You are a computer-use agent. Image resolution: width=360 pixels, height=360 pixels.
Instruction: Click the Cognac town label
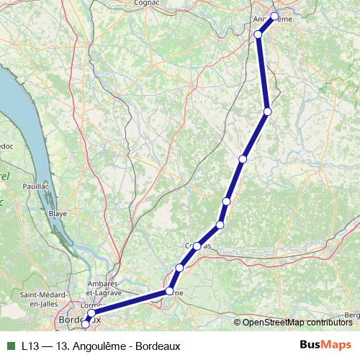click(147, 3)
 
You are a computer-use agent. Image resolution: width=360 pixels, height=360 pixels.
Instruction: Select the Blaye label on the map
click(57, 214)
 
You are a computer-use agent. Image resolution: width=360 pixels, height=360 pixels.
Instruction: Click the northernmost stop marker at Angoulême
click(274, 16)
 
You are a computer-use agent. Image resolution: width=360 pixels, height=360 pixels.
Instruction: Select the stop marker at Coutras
click(197, 246)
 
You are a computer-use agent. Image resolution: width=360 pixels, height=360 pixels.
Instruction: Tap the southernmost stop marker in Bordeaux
click(86, 325)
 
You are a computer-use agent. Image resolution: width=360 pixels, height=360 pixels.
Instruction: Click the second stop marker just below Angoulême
click(258, 34)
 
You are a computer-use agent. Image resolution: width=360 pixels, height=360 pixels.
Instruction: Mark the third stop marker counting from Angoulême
click(268, 112)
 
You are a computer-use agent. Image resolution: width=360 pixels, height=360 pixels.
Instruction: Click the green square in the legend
click(10, 346)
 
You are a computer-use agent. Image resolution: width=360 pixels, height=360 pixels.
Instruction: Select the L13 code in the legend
click(30, 346)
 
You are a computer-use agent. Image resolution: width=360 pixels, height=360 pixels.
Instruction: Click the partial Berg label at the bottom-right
click(352, 315)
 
